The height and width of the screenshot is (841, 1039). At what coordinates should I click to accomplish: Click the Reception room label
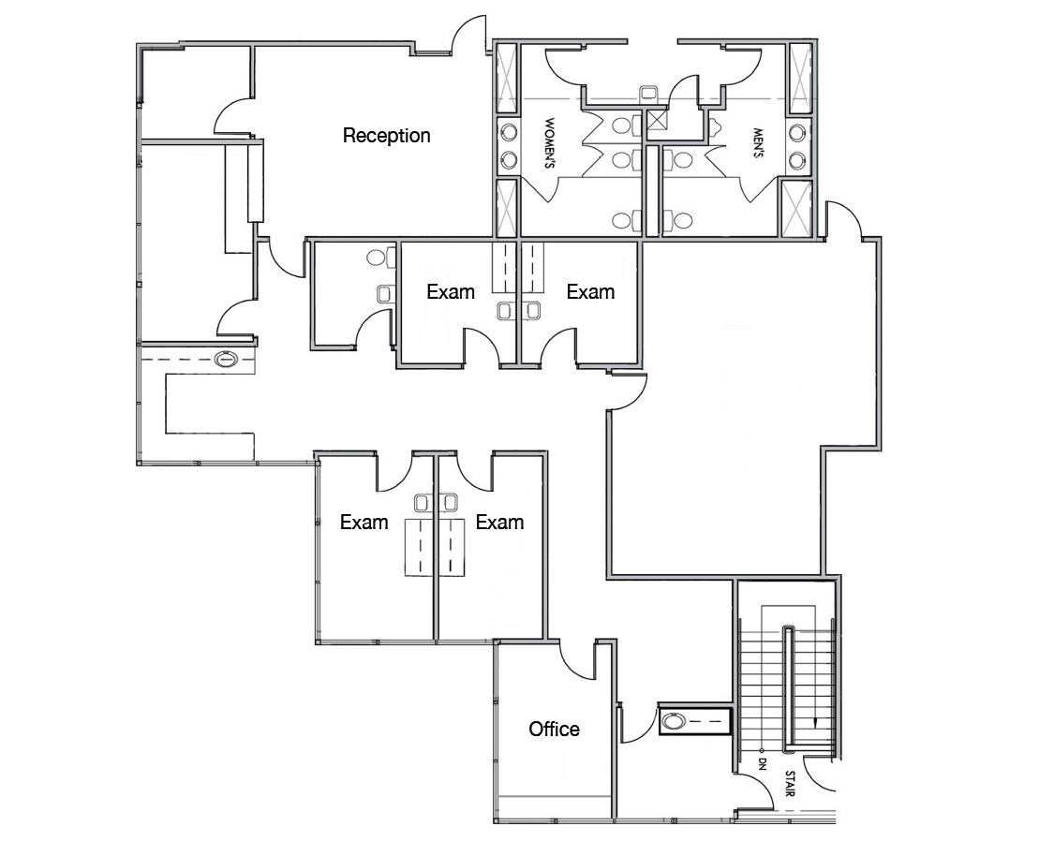click(386, 136)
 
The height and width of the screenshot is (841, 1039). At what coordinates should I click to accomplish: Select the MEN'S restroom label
click(757, 143)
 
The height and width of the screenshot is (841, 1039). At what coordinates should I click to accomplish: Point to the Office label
click(554, 729)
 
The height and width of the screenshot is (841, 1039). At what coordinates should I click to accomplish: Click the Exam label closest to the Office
click(499, 522)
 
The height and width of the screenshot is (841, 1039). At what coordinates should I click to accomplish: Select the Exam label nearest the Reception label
click(451, 291)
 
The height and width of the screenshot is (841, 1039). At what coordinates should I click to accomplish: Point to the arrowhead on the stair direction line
click(818, 722)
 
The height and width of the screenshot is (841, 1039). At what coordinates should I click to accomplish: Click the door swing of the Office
click(573, 660)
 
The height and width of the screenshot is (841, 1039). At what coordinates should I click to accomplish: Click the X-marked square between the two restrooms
click(657, 119)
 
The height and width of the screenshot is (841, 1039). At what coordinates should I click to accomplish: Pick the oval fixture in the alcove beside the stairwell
click(675, 721)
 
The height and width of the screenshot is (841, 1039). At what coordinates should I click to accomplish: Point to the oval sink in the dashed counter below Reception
click(227, 359)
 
